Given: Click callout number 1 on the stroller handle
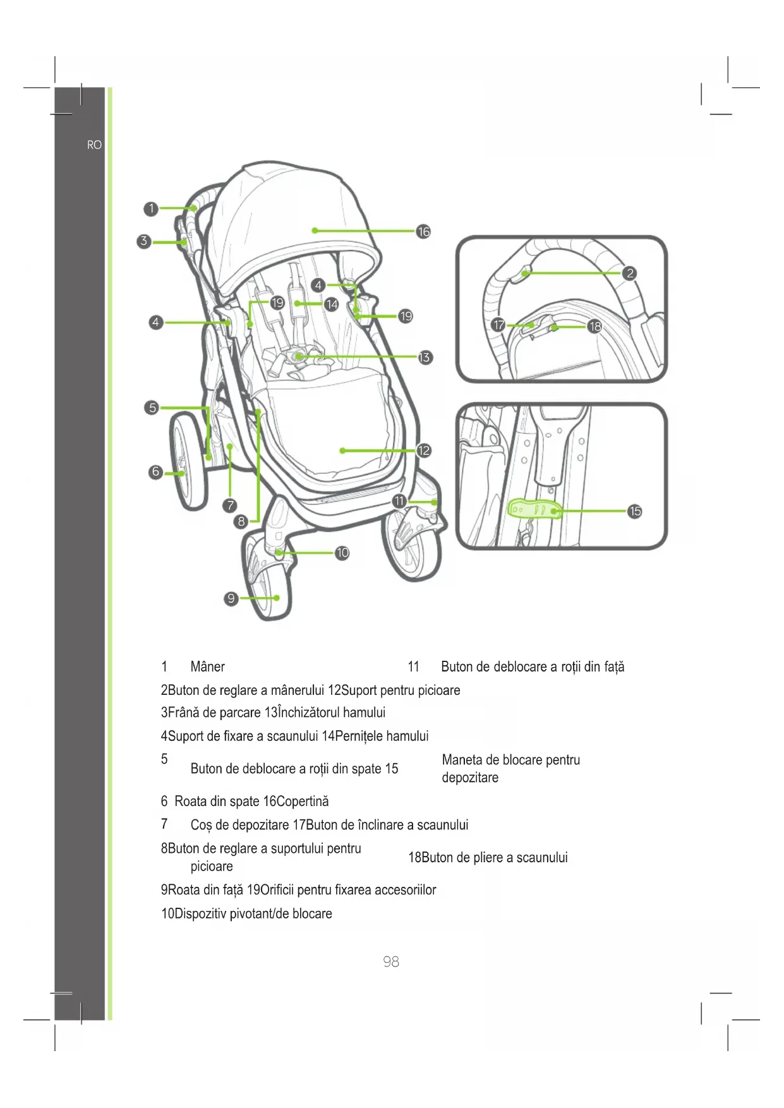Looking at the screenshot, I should click(150, 208).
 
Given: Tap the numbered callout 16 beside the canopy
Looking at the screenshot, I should click(423, 232).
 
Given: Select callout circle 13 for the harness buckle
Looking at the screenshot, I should click(425, 358).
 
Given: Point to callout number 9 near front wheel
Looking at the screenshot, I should click(231, 598).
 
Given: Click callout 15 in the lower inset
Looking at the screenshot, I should click(635, 511).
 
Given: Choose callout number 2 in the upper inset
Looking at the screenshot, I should click(629, 273).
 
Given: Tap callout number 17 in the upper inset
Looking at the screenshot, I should click(499, 325).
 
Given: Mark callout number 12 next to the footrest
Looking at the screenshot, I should click(423, 450).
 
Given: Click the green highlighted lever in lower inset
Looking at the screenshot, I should click(534, 509).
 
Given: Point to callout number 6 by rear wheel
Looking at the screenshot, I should click(155, 472).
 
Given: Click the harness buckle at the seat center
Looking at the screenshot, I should click(298, 357).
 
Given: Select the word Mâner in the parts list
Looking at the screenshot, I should click(207, 667).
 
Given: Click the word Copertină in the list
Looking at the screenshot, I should click(303, 802).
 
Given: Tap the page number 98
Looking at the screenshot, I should click(391, 961).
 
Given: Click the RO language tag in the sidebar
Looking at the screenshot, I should click(94, 145).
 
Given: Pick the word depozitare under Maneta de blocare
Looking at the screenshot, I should click(470, 778).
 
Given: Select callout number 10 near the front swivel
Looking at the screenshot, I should click(342, 553).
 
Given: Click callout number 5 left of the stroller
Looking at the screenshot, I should click(152, 407).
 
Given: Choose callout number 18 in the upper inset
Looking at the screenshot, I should click(594, 327).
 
